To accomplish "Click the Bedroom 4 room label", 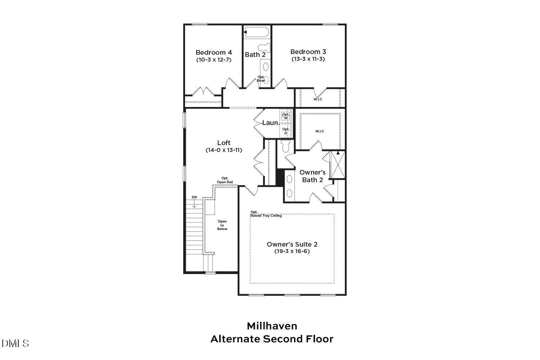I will coord(213,53).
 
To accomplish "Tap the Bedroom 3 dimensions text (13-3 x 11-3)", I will coord(308,59).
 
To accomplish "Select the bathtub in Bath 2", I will coord(256,32).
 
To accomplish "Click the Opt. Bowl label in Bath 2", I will coord(261,78).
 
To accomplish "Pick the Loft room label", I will coord(224,143).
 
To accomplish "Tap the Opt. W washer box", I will coord(286,116).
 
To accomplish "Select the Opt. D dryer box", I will coord(286,131).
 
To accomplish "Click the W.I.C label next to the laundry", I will coord(320,131).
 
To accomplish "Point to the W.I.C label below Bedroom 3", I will coord(318,99).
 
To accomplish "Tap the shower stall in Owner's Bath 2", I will coord(338,165).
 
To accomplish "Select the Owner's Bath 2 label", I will coord(312,176).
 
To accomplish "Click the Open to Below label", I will coord(222,225).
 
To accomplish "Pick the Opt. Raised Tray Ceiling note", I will coord(266,214).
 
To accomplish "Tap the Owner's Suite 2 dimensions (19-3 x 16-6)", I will coord(292,251).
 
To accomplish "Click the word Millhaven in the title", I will coord(272,326).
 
